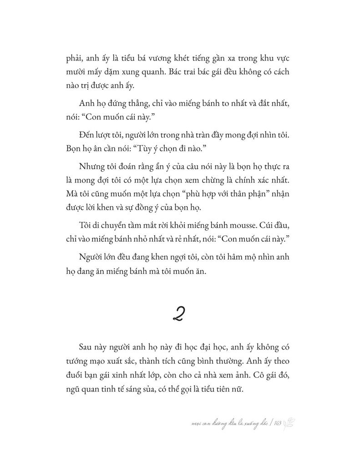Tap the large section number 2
point(179,314)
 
